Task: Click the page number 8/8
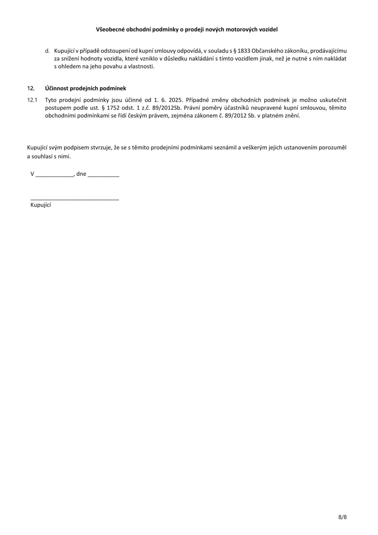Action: pyautogui.click(x=342, y=517)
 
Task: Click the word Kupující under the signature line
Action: pyautogui.click(x=41, y=205)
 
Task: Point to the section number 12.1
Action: pyautogui.click(x=32, y=100)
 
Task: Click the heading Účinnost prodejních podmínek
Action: pyautogui.click(x=85, y=88)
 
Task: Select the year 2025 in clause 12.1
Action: pyautogui.click(x=175, y=100)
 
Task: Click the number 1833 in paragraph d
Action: pyautogui.click(x=243, y=51)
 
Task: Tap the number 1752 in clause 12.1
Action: pyautogui.click(x=114, y=108)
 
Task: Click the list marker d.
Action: pyautogui.click(x=47, y=51)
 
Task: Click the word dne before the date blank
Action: pyautogui.click(x=81, y=174)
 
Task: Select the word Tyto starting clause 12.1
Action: pyautogui.click(x=51, y=100)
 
